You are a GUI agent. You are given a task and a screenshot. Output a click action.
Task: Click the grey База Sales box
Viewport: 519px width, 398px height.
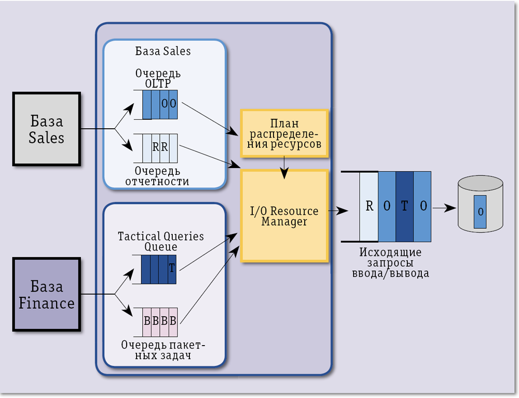coord(46,129)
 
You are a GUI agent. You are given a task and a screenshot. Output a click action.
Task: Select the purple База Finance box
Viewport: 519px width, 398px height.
coord(46,295)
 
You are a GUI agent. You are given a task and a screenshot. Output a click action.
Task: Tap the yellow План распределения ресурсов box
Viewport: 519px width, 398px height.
coord(284,133)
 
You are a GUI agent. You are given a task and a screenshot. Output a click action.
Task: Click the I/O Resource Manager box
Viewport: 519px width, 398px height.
coord(284,215)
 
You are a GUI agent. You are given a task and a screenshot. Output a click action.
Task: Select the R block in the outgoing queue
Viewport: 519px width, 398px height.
coord(369,206)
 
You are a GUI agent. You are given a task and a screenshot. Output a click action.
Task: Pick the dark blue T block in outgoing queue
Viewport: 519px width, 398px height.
coord(404,206)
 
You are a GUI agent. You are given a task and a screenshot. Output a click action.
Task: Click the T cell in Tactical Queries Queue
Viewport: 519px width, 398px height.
coord(172,269)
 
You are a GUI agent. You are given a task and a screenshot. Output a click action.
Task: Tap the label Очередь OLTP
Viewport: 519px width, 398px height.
coord(158,78)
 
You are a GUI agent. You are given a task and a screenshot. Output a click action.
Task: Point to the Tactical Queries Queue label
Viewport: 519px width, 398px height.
coord(160,241)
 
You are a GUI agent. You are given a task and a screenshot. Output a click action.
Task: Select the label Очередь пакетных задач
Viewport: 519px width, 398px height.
coord(163,349)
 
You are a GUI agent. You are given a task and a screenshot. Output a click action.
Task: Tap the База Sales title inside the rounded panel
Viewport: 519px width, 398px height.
coord(163,51)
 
